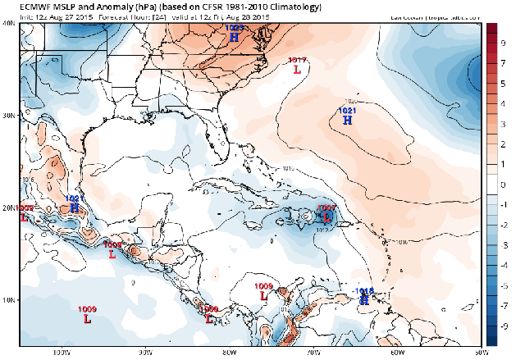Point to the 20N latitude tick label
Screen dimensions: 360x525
pos(9,208)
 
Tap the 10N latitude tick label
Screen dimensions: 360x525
pos(9,300)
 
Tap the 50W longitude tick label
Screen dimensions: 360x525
pos(479,353)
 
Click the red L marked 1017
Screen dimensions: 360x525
pos(297,70)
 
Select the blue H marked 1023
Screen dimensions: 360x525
pos(235,37)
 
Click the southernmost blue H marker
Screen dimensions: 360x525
pos(363,300)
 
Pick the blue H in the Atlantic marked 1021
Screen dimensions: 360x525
pos(347,121)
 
